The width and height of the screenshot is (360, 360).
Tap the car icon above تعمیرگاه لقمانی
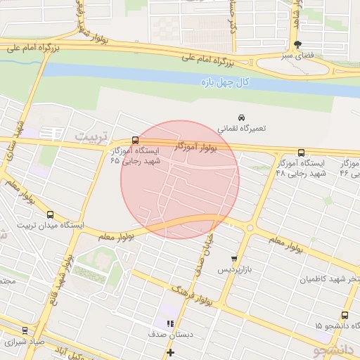tap(241, 117)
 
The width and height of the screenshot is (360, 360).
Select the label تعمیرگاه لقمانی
tap(241, 129)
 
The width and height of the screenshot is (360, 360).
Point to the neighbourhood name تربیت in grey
tap(93, 134)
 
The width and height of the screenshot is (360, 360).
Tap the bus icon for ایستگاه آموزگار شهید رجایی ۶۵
tap(135, 140)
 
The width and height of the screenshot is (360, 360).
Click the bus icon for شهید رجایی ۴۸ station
tap(302, 153)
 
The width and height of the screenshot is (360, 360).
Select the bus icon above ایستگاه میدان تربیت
tap(49, 214)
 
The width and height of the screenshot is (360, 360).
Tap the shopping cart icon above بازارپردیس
tap(234, 259)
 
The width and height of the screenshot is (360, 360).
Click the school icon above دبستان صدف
tap(169, 323)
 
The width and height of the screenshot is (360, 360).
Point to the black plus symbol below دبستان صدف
tap(169, 352)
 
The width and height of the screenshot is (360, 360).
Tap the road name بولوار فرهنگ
tap(191, 296)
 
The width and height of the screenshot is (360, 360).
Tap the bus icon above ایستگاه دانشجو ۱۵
tap(345, 315)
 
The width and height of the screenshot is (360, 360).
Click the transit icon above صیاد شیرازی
tap(25, 330)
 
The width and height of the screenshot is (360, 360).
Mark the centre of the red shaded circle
tap(180, 179)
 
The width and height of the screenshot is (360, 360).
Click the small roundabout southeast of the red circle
tap(250, 228)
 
